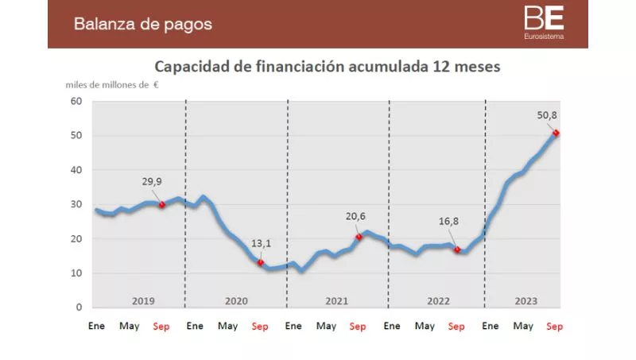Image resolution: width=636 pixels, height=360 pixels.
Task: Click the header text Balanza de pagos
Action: click(143, 24)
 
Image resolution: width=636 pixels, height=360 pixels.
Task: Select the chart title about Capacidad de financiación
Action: click(327, 66)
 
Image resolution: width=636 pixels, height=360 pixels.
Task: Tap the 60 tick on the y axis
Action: click(76, 101)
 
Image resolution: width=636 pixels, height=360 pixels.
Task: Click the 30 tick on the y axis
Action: click(76, 204)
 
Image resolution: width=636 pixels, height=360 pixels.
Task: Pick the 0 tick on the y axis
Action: click(79, 308)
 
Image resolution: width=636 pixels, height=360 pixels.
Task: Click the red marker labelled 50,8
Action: click(556, 133)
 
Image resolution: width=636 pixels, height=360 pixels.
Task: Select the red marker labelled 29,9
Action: click(162, 204)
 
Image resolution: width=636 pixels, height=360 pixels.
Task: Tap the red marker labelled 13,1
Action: click(260, 262)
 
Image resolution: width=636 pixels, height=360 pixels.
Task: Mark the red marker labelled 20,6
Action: click(359, 237)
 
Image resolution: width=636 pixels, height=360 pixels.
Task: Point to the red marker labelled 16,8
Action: click(457, 250)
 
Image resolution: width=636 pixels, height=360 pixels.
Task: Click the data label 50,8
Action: click(547, 116)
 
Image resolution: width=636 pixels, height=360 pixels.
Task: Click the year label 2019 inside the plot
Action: click(143, 300)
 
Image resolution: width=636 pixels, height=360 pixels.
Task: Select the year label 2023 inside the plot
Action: click(525, 300)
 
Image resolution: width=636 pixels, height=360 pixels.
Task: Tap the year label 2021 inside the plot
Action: click(337, 300)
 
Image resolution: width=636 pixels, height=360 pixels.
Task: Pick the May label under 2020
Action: click(227, 326)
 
